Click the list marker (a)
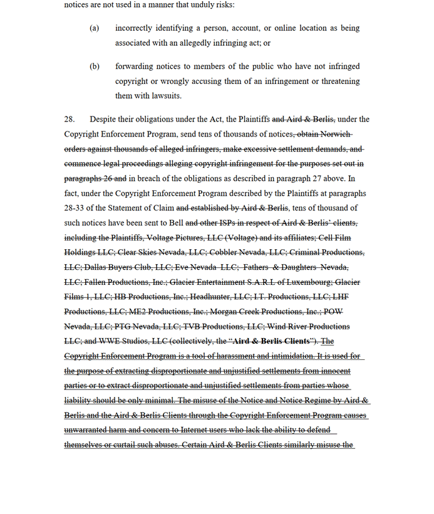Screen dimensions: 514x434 click(x=95, y=28)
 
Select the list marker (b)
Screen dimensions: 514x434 click(x=95, y=66)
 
